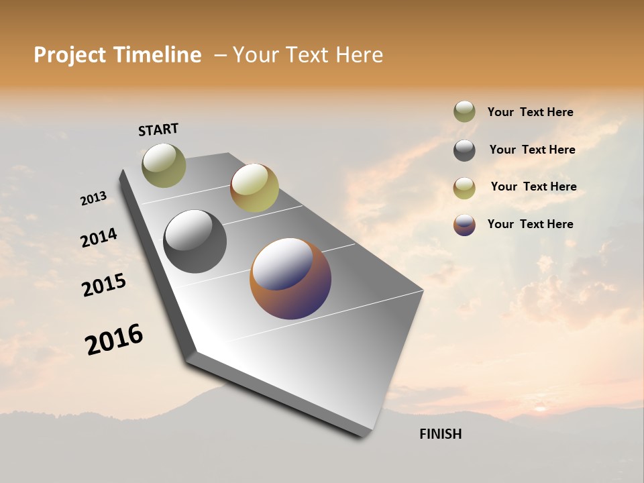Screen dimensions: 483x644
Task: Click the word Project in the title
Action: click(x=70, y=55)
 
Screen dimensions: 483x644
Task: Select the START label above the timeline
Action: click(x=158, y=129)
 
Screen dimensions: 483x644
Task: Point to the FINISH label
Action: click(x=440, y=434)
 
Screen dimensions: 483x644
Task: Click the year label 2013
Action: click(x=93, y=198)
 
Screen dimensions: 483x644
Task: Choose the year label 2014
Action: click(x=99, y=238)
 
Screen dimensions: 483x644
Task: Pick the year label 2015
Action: click(x=104, y=285)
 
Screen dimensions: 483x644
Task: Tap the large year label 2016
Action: click(x=114, y=339)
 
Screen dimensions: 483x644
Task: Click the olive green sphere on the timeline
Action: click(x=164, y=165)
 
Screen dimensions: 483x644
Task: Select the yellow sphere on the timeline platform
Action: click(x=254, y=188)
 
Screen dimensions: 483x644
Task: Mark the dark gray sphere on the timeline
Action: click(x=195, y=241)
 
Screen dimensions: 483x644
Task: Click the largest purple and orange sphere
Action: click(x=290, y=278)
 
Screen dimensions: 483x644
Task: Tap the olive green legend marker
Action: click(x=464, y=112)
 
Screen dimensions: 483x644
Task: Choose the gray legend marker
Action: click(x=464, y=150)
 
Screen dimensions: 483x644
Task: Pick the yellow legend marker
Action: click(x=464, y=188)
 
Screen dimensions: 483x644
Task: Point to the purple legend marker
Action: click(x=464, y=225)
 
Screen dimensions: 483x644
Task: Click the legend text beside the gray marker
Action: click(x=532, y=150)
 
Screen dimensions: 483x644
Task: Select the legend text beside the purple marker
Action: click(x=530, y=224)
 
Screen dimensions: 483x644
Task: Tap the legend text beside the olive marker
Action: click(x=530, y=112)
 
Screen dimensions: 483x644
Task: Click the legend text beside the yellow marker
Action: click(x=533, y=186)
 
